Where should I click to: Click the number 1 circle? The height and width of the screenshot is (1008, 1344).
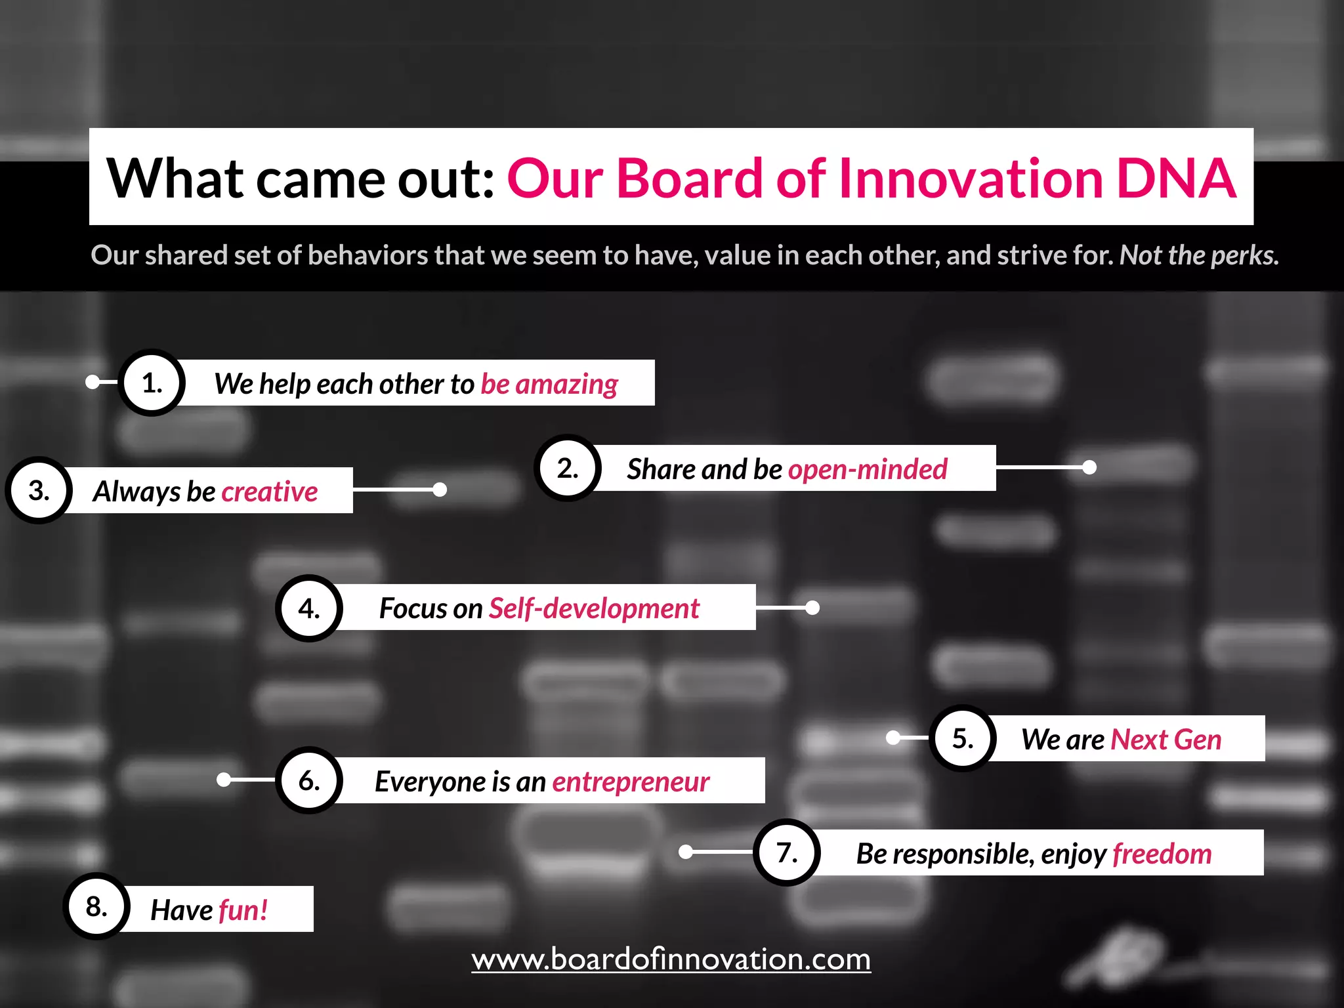click(x=152, y=383)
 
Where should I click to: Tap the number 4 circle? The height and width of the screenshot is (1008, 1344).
click(x=309, y=608)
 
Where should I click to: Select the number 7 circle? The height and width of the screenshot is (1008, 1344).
click(x=787, y=852)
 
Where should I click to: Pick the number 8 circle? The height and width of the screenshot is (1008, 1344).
click(x=96, y=906)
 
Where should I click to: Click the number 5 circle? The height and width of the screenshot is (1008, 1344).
click(x=963, y=738)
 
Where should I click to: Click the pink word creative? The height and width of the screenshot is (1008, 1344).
click(x=270, y=492)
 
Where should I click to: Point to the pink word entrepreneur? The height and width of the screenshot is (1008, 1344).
click(x=631, y=782)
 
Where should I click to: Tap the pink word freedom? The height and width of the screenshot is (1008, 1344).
click(x=1162, y=854)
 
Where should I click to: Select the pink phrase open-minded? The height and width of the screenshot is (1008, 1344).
click(x=868, y=469)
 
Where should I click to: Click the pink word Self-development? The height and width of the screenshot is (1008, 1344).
click(x=595, y=608)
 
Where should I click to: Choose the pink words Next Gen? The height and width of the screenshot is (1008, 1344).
click(x=1165, y=740)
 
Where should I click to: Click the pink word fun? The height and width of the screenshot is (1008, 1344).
click(x=243, y=910)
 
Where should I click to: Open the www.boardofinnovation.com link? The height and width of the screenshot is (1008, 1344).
click(x=671, y=959)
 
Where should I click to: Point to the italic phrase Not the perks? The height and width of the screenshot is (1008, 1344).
click(x=1199, y=255)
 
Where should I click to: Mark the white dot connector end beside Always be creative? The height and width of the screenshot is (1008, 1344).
click(x=440, y=490)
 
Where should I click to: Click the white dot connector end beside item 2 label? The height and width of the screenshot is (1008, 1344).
click(x=1089, y=467)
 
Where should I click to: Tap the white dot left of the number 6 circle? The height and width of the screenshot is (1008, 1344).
click(x=224, y=780)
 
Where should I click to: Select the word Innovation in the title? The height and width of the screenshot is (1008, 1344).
click(x=971, y=178)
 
